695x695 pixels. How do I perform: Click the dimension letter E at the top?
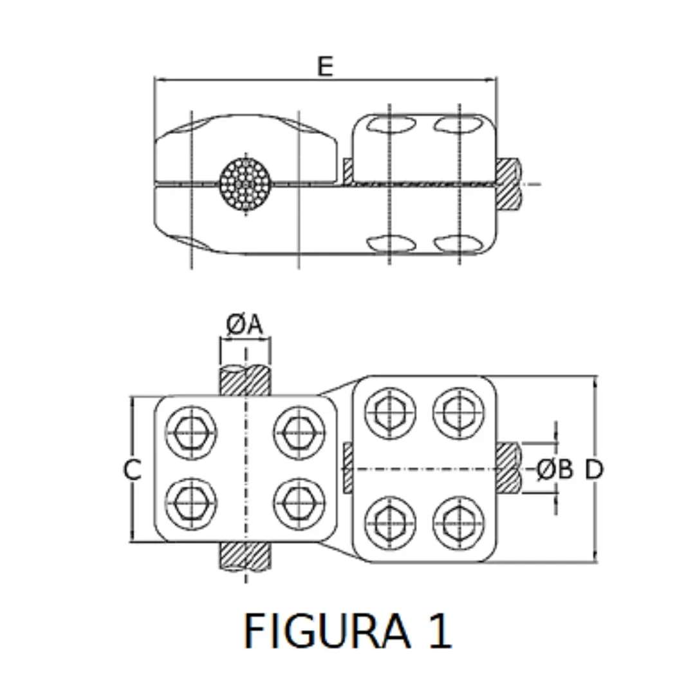pyautogui.click(x=325, y=66)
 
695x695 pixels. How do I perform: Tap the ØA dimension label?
pyautogui.click(x=245, y=325)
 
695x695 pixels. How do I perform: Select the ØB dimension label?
pyautogui.click(x=554, y=469)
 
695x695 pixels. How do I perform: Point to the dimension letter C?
pyautogui.click(x=132, y=470)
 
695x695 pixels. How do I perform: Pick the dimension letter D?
pyautogui.click(x=594, y=469)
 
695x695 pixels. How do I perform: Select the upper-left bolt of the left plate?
pyautogui.click(x=191, y=432)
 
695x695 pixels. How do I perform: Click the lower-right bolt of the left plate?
pyautogui.click(x=299, y=503)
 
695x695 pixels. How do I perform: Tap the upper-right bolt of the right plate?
pyautogui.click(x=459, y=412)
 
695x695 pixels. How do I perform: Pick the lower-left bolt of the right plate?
pyautogui.click(x=390, y=523)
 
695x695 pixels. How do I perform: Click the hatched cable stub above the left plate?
pyautogui.click(x=245, y=380)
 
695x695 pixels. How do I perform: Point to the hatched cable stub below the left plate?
pyautogui.click(x=245, y=556)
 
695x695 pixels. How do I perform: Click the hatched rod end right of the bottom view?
pyautogui.click(x=508, y=468)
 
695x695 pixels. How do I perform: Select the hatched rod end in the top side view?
pyautogui.click(x=508, y=183)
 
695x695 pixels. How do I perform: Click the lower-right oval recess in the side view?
pyautogui.click(x=459, y=243)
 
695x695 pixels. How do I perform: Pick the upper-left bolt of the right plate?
pyautogui.click(x=390, y=412)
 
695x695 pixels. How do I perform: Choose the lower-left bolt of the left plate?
pyautogui.click(x=191, y=503)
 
